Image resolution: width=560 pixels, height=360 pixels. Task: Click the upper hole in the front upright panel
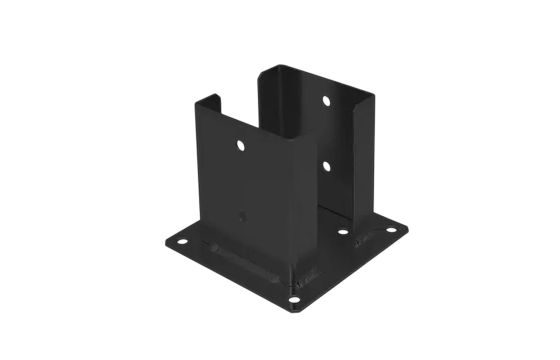[x=241, y=146]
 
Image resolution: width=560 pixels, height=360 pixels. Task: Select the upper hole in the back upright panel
[x=327, y=101]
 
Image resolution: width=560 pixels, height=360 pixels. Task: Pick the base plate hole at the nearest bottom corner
[x=294, y=297]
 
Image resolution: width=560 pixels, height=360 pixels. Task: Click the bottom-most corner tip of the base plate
[x=293, y=309]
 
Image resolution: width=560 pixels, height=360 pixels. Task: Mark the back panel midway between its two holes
[x=327, y=131]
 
